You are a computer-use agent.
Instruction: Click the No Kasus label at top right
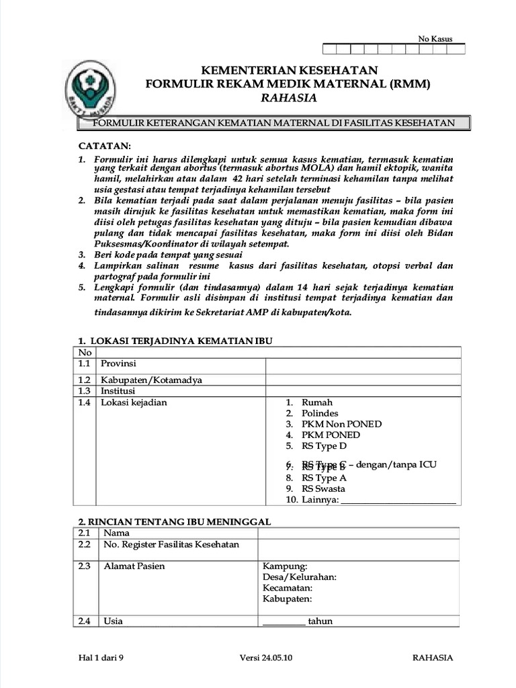435,39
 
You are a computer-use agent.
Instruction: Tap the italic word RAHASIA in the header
289,98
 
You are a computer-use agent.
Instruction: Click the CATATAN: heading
105,146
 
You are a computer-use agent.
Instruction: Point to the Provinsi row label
118,363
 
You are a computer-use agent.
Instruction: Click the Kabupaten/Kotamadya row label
151,380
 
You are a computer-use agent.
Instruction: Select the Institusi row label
118,390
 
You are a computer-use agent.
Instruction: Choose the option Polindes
320,413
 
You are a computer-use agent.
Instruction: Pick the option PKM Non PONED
341,424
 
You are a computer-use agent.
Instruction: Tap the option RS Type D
324,445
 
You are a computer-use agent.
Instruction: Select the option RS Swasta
323,488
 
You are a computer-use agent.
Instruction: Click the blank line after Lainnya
398,501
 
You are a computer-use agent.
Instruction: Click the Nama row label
116,533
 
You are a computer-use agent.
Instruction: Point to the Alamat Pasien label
134,566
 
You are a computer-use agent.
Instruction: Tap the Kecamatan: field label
288,588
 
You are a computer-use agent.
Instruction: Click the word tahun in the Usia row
320,621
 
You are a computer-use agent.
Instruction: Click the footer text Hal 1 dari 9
101,658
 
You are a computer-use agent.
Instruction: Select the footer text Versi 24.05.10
266,658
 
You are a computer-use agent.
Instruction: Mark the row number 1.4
84,402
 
